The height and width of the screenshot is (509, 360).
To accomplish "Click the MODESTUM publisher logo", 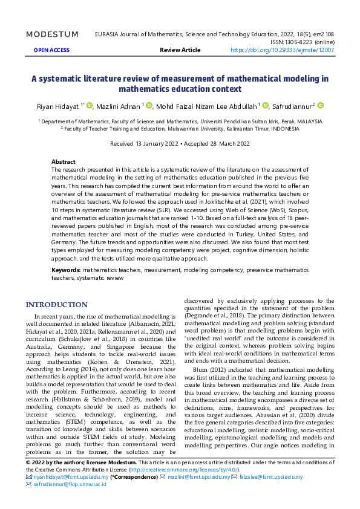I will [52, 34].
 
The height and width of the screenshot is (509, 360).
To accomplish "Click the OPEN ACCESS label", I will [51, 50].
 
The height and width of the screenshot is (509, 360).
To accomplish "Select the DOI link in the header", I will [282, 50].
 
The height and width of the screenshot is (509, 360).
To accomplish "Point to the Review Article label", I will [180, 50].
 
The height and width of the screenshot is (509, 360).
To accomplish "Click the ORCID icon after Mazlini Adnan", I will [149, 105].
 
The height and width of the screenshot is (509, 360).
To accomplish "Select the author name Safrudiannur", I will [293, 106].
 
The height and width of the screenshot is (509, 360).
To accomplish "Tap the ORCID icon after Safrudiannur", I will [321, 105].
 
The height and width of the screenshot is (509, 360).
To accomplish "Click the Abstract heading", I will [64, 162].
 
